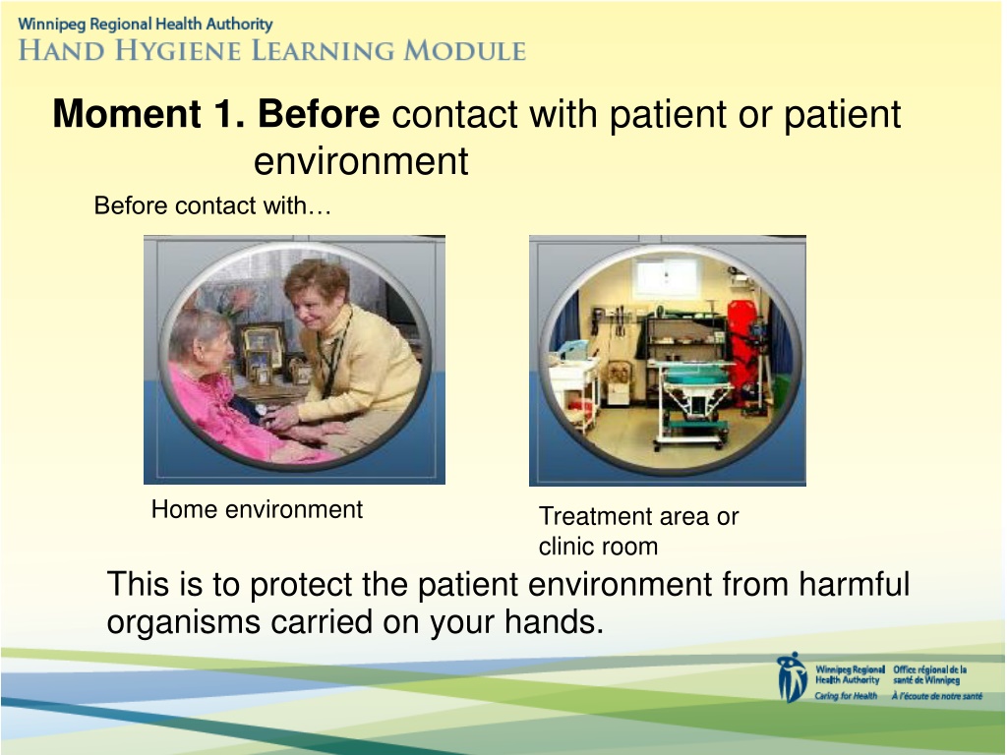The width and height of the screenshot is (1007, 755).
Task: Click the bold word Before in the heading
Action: pyautogui.click(x=319, y=114)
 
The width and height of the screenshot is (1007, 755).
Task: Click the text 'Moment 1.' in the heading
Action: pyautogui.click(x=149, y=114)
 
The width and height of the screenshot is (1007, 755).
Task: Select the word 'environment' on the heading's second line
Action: pyautogui.click(x=361, y=160)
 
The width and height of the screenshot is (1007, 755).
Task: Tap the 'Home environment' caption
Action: pyautogui.click(x=257, y=509)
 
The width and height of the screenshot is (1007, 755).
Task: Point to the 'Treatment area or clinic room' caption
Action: pyautogui.click(x=639, y=531)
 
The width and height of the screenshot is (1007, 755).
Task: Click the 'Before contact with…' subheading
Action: pyautogui.click(x=212, y=205)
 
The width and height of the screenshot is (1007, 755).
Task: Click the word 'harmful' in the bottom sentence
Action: pyautogui.click(x=855, y=584)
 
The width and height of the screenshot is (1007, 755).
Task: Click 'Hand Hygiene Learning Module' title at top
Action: pyautogui.click(x=272, y=51)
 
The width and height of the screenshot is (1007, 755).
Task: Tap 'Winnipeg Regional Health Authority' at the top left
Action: pyautogui.click(x=146, y=25)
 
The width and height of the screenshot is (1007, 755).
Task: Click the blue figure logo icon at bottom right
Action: pyautogui.click(x=792, y=677)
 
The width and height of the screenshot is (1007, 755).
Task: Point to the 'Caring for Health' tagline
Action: pyautogui.click(x=846, y=696)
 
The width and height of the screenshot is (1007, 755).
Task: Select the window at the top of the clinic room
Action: pyautogui.click(x=666, y=278)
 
